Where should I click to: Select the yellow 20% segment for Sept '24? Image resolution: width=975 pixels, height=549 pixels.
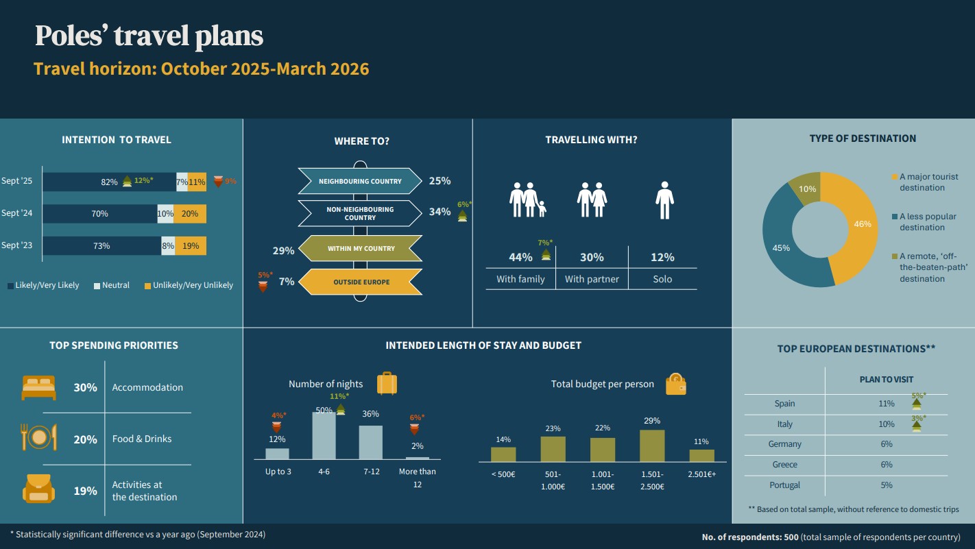click(x=190, y=214)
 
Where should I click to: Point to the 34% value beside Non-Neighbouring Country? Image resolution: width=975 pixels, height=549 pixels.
click(x=440, y=212)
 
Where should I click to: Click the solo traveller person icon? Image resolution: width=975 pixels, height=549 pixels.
click(x=664, y=200)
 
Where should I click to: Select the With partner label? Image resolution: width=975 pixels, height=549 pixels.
click(x=592, y=279)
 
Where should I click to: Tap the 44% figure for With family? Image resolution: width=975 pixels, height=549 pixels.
click(x=520, y=258)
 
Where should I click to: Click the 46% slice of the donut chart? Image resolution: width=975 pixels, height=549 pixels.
click(x=857, y=226)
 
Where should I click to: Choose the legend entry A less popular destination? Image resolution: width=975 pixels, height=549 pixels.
click(x=927, y=221)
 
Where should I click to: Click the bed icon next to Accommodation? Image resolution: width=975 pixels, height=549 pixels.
click(x=38, y=387)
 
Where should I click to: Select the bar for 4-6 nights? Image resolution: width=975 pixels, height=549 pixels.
click(x=324, y=435)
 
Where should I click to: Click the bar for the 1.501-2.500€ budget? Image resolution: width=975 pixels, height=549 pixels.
click(x=652, y=446)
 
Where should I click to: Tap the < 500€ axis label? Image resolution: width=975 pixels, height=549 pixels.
click(x=503, y=474)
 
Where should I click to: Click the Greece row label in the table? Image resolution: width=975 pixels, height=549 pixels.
click(x=784, y=465)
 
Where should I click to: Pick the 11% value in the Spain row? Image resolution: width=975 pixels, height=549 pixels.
click(x=886, y=404)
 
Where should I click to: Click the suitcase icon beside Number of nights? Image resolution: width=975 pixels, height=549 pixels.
click(x=387, y=383)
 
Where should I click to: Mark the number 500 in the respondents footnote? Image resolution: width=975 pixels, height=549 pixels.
click(x=791, y=537)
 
